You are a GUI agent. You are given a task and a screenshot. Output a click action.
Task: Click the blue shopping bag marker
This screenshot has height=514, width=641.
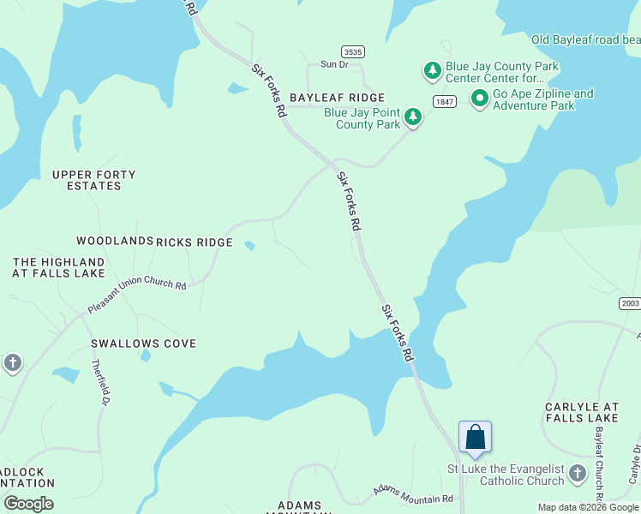click(x=476, y=438)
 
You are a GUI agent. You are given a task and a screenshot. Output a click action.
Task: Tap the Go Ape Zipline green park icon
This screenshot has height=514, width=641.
click(x=479, y=100)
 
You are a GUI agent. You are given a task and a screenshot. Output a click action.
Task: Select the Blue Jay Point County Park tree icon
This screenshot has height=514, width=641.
click(x=413, y=117)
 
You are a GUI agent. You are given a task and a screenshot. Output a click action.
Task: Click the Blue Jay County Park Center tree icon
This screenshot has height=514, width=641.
click(x=433, y=69)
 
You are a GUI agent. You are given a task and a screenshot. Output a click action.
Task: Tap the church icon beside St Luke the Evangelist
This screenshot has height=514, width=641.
click(x=578, y=473)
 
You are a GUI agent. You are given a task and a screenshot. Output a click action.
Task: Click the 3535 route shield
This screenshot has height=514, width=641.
click(x=352, y=51)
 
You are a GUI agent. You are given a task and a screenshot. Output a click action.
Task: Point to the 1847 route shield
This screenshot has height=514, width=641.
click(x=444, y=102)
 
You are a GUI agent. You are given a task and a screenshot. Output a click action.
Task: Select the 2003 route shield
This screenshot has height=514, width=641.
click(x=630, y=303)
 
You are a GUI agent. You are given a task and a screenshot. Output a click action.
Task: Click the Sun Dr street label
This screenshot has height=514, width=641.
click(x=334, y=64)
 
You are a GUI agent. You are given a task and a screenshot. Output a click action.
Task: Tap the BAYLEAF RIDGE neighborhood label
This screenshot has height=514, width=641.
click(x=337, y=99)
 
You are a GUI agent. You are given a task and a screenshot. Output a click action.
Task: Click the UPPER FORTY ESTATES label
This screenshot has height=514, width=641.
click(x=93, y=180)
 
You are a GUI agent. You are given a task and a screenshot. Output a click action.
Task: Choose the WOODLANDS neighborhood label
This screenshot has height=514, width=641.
click(x=114, y=242)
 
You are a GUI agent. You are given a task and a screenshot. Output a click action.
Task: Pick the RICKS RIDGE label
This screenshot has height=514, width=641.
click(x=195, y=242)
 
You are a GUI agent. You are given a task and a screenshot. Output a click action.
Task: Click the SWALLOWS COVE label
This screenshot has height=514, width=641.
click(x=144, y=344)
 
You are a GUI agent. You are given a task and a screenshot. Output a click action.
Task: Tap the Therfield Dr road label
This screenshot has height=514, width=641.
click(x=101, y=382)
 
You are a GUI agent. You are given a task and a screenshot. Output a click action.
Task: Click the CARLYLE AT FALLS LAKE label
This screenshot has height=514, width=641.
click(x=582, y=412)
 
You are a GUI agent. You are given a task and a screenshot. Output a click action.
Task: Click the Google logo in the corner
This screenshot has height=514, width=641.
click(x=28, y=504)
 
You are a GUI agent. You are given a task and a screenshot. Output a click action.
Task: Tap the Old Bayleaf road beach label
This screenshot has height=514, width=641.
click(x=585, y=39)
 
